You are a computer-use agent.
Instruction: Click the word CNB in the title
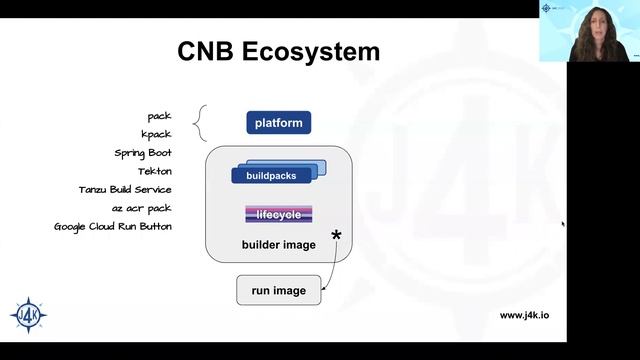(x=207, y=51)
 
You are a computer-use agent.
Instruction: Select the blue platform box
(x=279, y=123)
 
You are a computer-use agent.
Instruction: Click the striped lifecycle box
(x=278, y=214)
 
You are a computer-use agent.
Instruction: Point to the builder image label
(x=278, y=245)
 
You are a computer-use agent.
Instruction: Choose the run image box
(x=278, y=291)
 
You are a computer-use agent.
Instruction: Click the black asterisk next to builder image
(x=336, y=237)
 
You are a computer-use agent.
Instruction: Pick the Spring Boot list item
(x=143, y=153)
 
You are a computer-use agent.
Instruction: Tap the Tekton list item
(x=154, y=171)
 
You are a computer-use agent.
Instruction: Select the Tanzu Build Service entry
(x=125, y=189)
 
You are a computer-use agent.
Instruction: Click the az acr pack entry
(x=141, y=208)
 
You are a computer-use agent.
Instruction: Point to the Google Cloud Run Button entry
(x=112, y=226)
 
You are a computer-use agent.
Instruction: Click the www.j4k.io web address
(x=524, y=315)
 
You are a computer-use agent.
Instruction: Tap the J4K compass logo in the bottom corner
(x=26, y=314)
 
